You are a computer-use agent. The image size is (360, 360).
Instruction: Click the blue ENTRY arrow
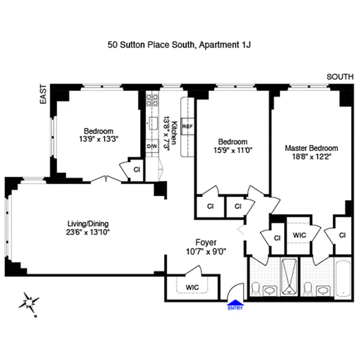coord(235,305)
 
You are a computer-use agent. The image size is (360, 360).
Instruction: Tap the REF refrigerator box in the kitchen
coord(187,126)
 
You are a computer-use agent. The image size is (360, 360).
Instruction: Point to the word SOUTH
coord(340,77)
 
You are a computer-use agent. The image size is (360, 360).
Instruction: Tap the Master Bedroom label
coord(311,148)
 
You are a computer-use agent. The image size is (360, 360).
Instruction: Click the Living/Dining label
coord(88,224)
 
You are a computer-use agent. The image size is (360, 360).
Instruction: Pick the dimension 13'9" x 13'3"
coord(98,139)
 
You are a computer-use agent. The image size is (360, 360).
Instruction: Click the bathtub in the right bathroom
coord(343,279)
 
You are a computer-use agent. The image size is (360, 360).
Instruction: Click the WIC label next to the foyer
coord(192,287)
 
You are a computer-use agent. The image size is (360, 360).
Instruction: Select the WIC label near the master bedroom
coord(299,235)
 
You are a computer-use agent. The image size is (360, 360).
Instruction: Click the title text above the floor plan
coord(182,45)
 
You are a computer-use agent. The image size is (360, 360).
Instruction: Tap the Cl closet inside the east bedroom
coord(137,170)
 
